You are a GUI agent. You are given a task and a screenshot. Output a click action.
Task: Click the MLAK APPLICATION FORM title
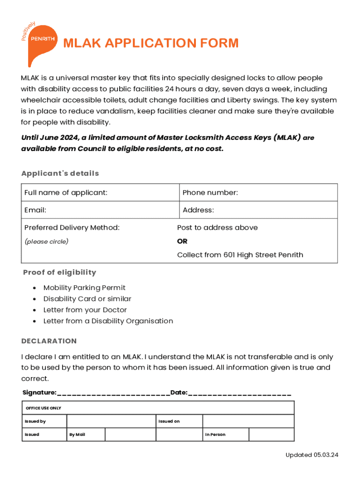151,44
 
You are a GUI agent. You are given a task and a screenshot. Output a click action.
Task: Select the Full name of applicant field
101,193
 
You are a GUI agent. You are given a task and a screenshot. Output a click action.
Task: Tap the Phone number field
258,193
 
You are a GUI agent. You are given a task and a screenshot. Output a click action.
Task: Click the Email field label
35,210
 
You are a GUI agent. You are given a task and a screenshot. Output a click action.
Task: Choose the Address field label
198,210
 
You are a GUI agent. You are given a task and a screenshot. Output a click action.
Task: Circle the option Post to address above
217,228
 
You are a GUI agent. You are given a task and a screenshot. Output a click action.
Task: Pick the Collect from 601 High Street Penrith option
240,255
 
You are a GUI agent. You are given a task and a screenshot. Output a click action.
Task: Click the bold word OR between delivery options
182,241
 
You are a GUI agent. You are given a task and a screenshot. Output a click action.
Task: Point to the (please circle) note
46,241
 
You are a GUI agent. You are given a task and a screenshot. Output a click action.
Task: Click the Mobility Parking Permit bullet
84,288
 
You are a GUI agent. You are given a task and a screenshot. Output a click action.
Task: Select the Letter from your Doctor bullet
85,310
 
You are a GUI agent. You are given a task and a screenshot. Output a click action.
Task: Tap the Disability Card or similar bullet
87,299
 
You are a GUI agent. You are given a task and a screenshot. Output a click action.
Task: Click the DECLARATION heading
49,341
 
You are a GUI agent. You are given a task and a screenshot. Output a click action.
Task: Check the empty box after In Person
271,435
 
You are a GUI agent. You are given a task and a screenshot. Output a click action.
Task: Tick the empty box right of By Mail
130,435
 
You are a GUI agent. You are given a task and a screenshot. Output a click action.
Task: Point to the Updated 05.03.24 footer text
312,455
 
